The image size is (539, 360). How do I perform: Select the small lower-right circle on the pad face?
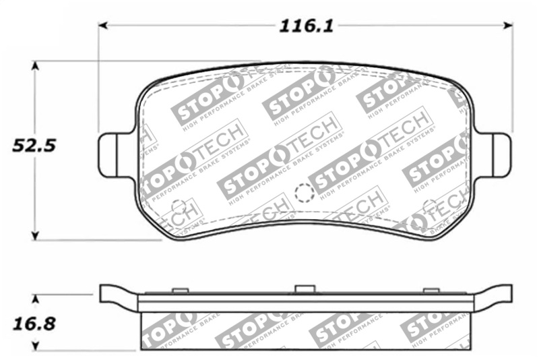(x=429, y=206)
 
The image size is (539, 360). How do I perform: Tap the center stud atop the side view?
(x=305, y=289)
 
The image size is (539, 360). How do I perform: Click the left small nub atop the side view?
(x=179, y=291)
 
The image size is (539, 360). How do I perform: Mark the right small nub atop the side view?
(x=430, y=291)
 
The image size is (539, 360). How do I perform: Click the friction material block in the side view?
(x=305, y=330)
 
